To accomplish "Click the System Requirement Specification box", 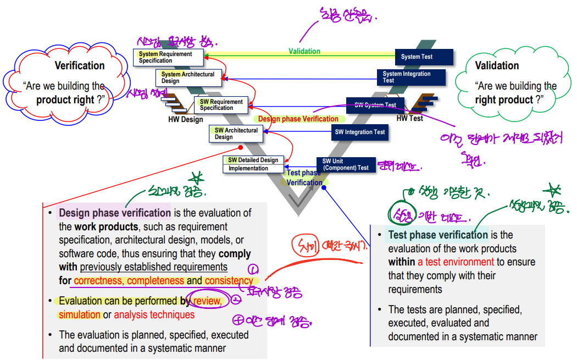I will [x=168, y=57].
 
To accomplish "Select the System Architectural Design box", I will [x=190, y=77].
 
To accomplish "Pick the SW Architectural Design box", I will [x=236, y=134].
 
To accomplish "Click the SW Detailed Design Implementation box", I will [x=253, y=164].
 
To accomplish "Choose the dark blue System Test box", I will [x=424, y=57].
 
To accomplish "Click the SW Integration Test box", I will [x=359, y=132].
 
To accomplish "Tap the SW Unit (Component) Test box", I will [x=346, y=164].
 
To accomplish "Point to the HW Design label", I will [x=185, y=119].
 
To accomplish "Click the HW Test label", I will [x=409, y=118].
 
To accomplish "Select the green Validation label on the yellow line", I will [x=304, y=51].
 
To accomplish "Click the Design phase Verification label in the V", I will [x=298, y=119].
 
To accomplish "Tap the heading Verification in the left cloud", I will [x=80, y=65].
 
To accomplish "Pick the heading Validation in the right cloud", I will [x=497, y=65].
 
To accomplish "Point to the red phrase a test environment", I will [x=456, y=262].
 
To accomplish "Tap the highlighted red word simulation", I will [x=80, y=315].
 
